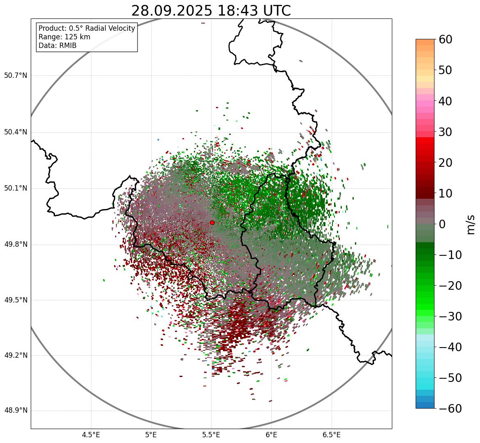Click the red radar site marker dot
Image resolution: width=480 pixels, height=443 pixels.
point(212,223)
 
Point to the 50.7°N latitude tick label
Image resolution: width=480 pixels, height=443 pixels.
point(16,76)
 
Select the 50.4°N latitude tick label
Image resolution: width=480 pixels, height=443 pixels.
point(16,132)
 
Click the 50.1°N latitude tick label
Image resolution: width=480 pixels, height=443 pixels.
point(16,189)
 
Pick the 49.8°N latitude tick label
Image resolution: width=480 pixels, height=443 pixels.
point(16,245)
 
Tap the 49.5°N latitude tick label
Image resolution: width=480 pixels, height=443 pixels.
point(16,300)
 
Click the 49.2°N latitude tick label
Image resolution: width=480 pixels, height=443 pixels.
point(16,355)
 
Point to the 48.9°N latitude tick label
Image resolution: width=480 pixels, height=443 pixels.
point(16,411)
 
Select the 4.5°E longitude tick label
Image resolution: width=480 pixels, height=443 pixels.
point(91,434)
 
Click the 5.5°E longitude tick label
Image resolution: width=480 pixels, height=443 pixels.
point(211,434)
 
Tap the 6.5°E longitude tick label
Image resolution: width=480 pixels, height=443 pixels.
point(331,434)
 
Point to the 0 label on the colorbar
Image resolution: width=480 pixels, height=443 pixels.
point(442,224)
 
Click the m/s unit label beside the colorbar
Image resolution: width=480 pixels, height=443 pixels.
point(470,224)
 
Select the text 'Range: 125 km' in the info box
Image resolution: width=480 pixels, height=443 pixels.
point(64,37)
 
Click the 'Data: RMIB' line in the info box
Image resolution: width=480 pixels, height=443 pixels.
point(57,45)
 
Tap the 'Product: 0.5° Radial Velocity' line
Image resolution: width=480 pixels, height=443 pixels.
point(86,28)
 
